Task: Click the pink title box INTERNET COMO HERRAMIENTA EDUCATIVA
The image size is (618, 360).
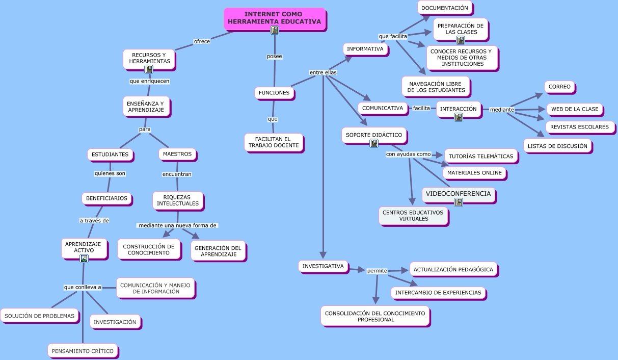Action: click(275, 19)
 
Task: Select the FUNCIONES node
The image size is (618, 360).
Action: click(274, 93)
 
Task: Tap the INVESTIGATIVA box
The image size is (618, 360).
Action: click(323, 266)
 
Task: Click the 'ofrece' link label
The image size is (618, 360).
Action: click(202, 41)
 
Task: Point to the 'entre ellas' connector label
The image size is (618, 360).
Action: click(323, 72)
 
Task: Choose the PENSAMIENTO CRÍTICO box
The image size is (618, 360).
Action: click(83, 351)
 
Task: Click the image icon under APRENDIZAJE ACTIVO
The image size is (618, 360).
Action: click(84, 259)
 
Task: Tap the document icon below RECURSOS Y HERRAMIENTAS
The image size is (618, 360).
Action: click(149, 69)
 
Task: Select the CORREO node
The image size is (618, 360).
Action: click(559, 87)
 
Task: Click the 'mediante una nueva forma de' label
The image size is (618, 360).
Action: click(177, 225)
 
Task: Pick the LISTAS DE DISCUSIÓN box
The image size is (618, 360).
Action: click(557, 146)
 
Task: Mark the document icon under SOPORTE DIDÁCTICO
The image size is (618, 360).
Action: click(374, 143)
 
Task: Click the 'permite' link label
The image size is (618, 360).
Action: click(377, 271)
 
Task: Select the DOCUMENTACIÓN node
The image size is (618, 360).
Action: click(445, 8)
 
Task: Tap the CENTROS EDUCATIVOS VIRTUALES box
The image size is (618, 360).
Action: click(413, 216)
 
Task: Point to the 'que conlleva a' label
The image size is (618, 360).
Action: click(83, 287)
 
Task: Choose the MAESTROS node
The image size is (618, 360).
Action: click(177, 154)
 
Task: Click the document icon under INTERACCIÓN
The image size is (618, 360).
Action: click(459, 117)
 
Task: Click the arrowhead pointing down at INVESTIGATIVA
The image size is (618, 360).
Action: click(323, 255)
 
